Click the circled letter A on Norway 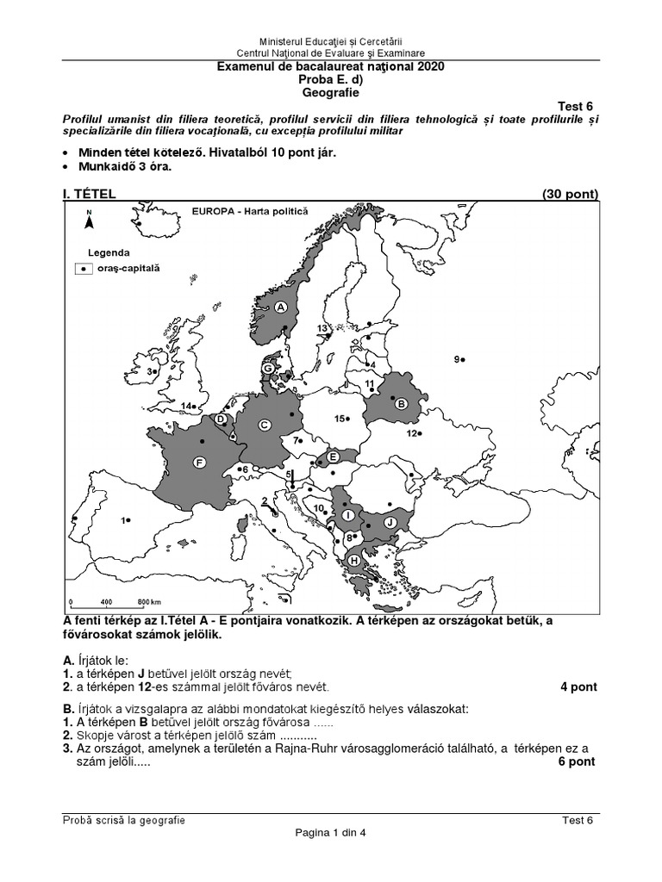[280, 307]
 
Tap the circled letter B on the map [400, 403]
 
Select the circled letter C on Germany [265, 424]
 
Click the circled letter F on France [199, 463]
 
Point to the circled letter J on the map [389, 521]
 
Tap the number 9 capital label [456, 359]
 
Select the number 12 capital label [412, 433]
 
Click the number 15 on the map [340, 419]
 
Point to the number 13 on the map [322, 329]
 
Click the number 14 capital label [186, 405]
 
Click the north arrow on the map [88, 220]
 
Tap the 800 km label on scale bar [144, 601]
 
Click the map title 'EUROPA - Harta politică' [249, 210]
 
